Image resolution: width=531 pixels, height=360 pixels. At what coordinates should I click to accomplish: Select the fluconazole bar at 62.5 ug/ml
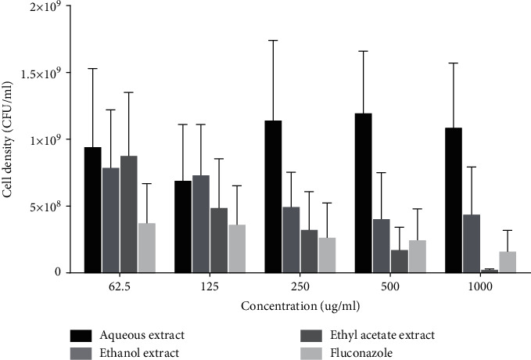coord(146,248)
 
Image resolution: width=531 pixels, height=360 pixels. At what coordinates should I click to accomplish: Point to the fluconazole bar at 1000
coord(507,262)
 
